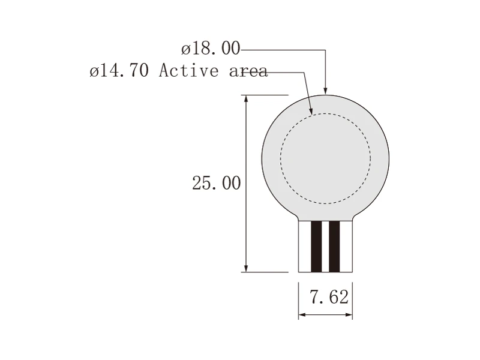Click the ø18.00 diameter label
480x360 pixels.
(211, 49)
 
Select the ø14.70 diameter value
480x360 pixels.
(119, 71)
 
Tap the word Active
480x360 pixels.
(189, 70)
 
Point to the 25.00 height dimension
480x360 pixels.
(217, 183)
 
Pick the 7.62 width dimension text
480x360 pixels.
(329, 296)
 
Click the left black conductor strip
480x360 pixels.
(316, 247)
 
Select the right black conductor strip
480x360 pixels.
(334, 247)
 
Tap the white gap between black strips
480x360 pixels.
(325, 247)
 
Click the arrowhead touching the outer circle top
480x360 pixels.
(325, 91)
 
